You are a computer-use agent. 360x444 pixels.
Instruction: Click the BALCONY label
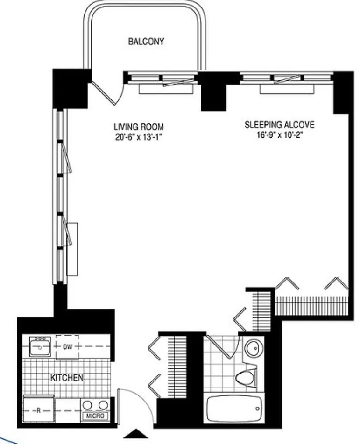click(x=146, y=42)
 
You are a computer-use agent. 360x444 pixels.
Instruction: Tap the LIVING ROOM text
click(x=139, y=127)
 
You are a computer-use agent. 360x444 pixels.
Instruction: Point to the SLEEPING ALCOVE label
click(x=280, y=125)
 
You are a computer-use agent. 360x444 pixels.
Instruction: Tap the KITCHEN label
click(x=67, y=377)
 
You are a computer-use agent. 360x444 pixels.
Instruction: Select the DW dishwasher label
click(x=67, y=347)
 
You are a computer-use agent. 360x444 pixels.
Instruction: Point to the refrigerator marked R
click(x=39, y=410)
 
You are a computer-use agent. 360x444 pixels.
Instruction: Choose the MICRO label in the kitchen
click(x=95, y=416)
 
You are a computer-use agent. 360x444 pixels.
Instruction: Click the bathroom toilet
click(x=245, y=375)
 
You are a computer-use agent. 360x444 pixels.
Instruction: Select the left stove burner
click(x=89, y=404)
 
